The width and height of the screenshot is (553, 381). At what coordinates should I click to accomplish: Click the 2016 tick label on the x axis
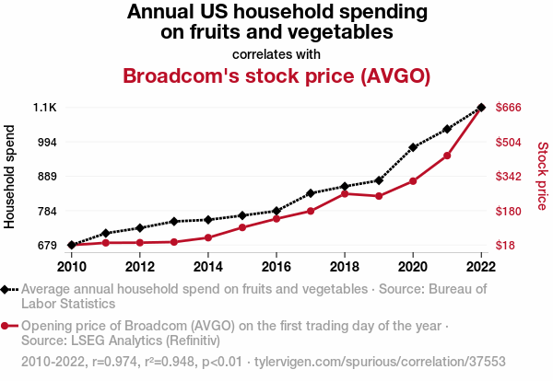point(276,267)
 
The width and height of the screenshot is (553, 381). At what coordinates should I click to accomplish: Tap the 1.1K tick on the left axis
point(45,108)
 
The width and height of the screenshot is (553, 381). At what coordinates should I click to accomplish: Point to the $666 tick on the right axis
point(510,108)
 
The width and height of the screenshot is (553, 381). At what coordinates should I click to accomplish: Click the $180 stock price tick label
point(510,211)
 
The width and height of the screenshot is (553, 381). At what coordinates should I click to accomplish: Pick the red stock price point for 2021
point(447,156)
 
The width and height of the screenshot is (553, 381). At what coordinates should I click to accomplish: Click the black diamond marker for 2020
point(413,147)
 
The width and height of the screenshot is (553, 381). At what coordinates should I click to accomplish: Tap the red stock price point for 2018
point(344,193)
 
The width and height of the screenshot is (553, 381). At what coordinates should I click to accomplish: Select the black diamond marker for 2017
point(310,193)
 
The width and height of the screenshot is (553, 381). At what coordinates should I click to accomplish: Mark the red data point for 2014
point(207,237)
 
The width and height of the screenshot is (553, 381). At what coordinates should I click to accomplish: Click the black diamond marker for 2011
point(105,233)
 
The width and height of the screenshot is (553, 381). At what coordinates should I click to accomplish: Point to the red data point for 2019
point(379,196)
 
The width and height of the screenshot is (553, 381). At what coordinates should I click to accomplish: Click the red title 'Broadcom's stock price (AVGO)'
point(276,76)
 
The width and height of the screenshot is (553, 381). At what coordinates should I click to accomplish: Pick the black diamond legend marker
point(6,289)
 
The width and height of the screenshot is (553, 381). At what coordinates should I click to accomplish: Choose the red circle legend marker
point(6,326)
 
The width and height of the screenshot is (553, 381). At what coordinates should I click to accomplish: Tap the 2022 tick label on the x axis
point(481,267)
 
